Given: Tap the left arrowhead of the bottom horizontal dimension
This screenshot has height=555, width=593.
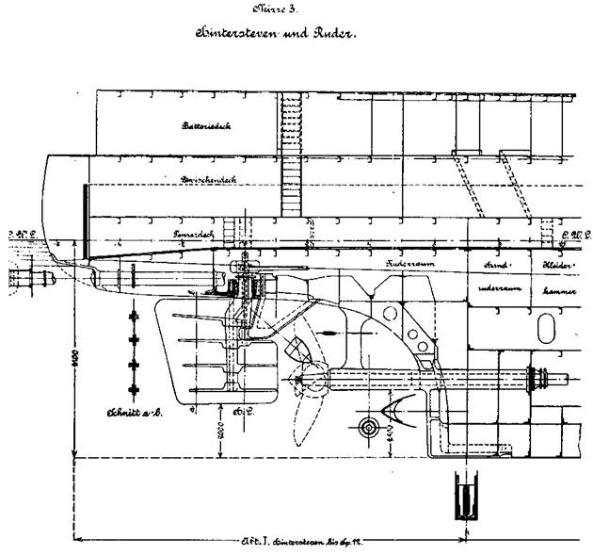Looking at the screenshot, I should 77,540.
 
